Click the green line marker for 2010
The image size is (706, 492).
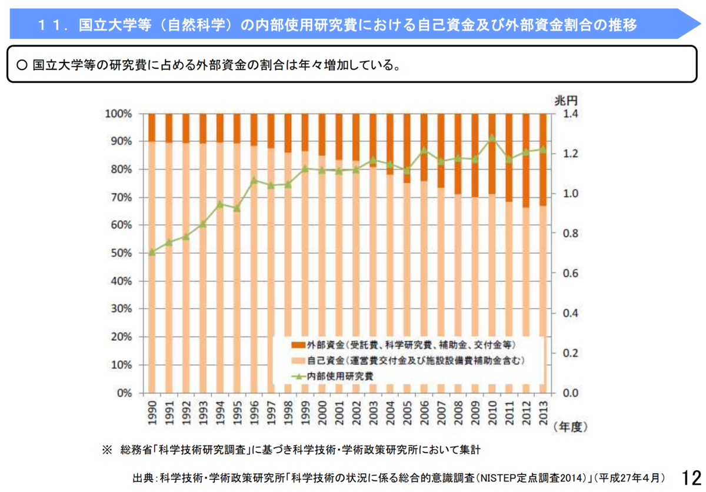492,139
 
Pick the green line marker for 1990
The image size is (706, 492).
152,252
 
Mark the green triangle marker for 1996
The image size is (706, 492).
254,181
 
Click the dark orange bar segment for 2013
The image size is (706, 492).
543,159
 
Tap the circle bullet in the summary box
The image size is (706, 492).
22,65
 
